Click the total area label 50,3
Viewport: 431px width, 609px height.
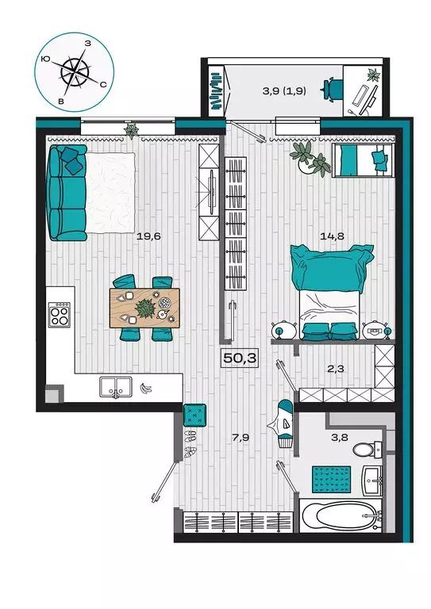click(x=240, y=358)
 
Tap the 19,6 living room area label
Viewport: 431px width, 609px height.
click(x=148, y=236)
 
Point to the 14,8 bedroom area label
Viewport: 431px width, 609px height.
click(x=333, y=236)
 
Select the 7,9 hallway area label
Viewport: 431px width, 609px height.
click(x=241, y=438)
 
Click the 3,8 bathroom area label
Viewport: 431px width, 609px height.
click(x=339, y=438)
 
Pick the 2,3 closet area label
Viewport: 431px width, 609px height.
click(x=336, y=369)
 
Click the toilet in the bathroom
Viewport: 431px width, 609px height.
click(x=368, y=450)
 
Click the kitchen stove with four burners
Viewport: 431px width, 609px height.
click(x=60, y=314)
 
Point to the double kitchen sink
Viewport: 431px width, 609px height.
click(x=115, y=387)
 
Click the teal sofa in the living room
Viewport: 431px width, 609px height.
click(x=67, y=193)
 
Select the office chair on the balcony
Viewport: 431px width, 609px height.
click(x=332, y=89)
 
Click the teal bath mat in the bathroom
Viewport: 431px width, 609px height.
click(x=332, y=479)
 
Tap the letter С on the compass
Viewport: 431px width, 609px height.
click(x=103, y=85)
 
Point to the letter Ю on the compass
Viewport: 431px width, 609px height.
click(x=45, y=59)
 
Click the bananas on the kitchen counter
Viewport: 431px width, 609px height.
click(x=146, y=388)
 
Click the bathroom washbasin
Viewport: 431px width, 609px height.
click(x=372, y=481)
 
